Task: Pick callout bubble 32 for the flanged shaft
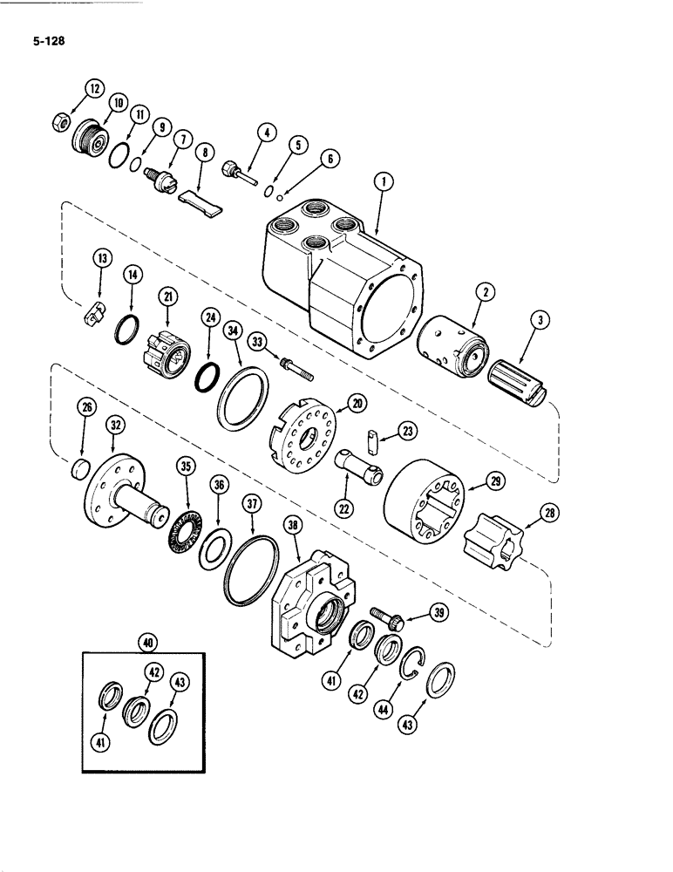[x=115, y=425]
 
